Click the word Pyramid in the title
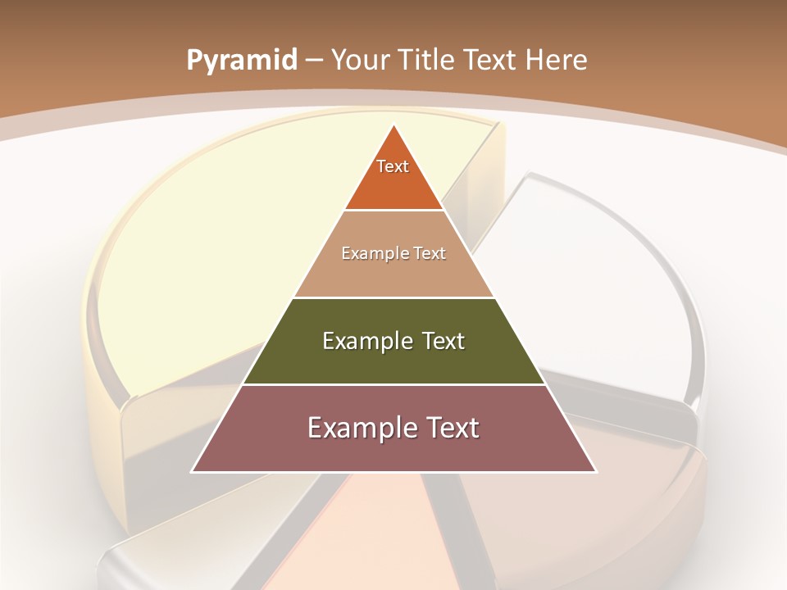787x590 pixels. click(241, 60)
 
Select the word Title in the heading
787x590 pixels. click(426, 60)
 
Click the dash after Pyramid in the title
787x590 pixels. click(313, 61)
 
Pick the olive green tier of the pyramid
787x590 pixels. click(393, 361)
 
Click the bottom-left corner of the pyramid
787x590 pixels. click(193, 471)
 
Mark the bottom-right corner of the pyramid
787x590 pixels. click(595, 471)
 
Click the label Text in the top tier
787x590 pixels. click(393, 166)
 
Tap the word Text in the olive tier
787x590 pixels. click(444, 341)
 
